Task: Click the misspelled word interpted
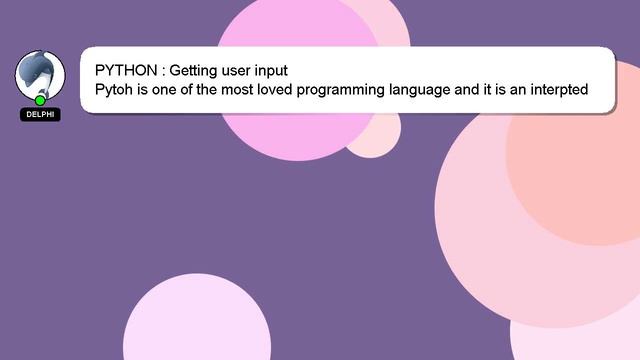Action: (555, 90)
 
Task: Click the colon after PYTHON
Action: (163, 72)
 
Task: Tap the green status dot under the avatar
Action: (40, 100)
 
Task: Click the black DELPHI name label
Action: (40, 115)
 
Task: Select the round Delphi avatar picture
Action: (40, 75)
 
